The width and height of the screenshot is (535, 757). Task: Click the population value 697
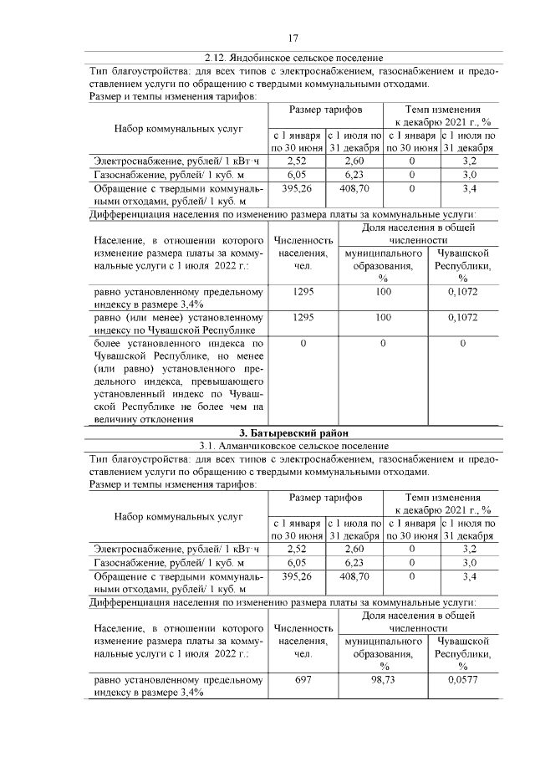(303, 681)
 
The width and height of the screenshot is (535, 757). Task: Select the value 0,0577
(462, 681)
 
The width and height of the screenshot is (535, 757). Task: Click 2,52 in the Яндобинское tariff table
(297, 159)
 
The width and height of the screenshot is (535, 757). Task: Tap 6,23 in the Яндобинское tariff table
(354, 174)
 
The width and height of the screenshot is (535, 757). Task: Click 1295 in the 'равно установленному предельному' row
(303, 292)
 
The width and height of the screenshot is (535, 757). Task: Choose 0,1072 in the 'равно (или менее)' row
(462, 318)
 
